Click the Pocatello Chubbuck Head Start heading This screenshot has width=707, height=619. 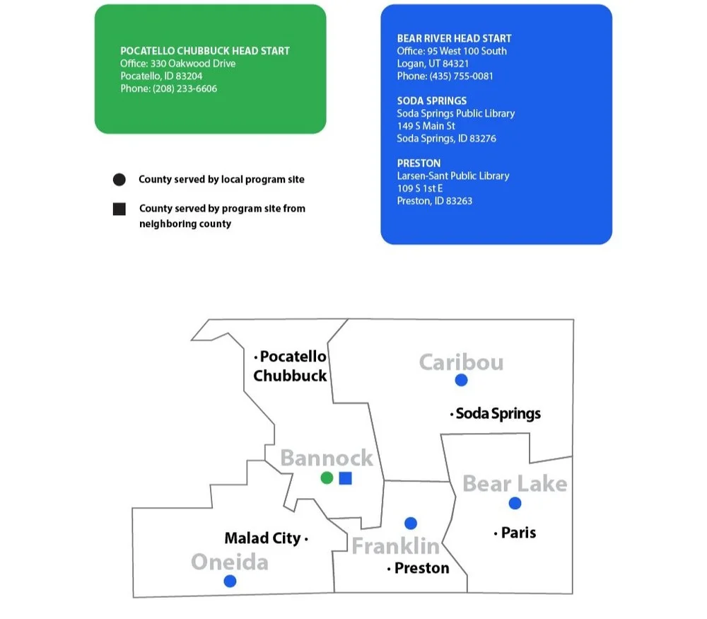click(x=205, y=51)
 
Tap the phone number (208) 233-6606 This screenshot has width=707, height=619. click(x=185, y=89)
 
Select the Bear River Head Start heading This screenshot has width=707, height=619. click(x=454, y=38)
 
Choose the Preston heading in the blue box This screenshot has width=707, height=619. click(x=419, y=163)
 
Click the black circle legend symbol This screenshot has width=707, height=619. click(x=119, y=180)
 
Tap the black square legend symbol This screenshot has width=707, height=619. click(x=119, y=209)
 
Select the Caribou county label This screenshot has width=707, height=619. click(x=461, y=362)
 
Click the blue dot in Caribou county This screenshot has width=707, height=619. click(x=461, y=380)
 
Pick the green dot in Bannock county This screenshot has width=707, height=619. click(x=327, y=478)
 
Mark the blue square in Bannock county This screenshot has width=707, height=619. click(x=345, y=478)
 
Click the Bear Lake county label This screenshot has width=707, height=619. click(x=515, y=484)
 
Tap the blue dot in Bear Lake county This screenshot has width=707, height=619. click(x=515, y=503)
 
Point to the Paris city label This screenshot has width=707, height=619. click(x=518, y=533)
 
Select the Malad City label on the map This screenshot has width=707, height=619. click(x=262, y=538)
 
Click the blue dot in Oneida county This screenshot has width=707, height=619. click(x=230, y=581)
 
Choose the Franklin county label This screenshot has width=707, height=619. click(x=396, y=546)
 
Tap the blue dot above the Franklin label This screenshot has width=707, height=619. click(x=411, y=523)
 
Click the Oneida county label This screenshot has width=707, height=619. click(x=230, y=562)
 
